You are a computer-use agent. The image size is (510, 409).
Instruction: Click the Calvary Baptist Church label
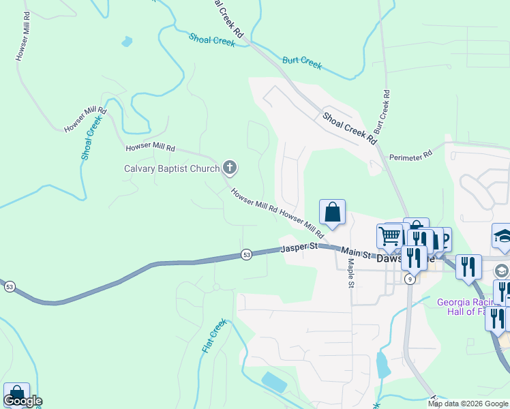pos(171,168)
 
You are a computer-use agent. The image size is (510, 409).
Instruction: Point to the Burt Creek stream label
pos(302,63)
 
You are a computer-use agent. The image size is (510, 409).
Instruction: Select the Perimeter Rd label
pos(410,156)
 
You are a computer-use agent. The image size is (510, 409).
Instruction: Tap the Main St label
pos(355,252)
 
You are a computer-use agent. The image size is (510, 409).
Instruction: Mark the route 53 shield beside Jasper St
pos(246,255)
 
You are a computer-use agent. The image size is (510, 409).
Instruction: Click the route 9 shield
pos(410,279)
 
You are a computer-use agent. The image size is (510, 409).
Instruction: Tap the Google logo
pos(22,401)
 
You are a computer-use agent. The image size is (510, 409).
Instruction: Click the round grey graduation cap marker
pos(502,271)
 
